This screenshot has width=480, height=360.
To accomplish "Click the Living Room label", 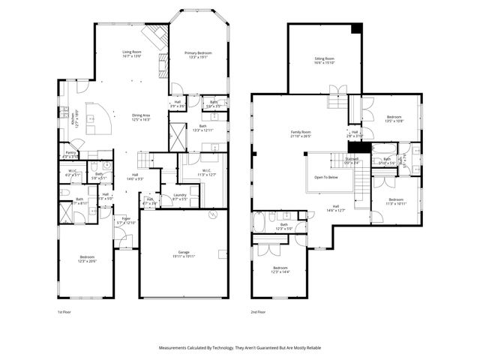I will [x=132, y=52].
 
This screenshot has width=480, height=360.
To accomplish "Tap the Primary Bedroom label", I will [x=199, y=52].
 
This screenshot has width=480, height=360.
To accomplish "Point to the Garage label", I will [x=183, y=252].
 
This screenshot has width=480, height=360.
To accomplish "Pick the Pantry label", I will [x=70, y=152].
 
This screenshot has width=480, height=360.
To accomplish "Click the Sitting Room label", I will [x=324, y=58].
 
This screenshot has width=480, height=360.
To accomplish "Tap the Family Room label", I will [x=301, y=133].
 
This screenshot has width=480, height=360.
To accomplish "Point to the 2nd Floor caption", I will [x=259, y=311].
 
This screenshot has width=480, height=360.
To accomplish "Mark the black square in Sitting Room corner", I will [x=357, y=28].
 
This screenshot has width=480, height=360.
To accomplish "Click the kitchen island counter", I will [x=96, y=117].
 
